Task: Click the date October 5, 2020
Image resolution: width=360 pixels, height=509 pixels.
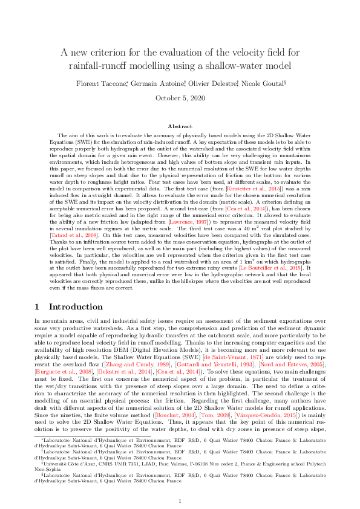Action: (180, 98)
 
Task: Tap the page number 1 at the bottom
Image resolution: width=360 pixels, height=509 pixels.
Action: (180, 485)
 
